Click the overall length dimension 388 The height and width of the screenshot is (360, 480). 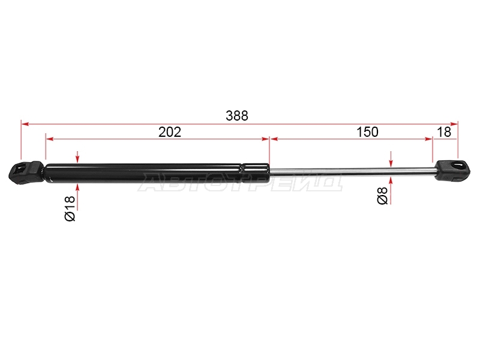237,116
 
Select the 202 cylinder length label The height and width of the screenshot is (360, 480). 170,132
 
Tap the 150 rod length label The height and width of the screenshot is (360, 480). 367,132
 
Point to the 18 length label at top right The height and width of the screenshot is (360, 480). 444,132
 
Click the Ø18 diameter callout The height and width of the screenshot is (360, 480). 70,208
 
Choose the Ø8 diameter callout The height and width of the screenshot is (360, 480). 382,196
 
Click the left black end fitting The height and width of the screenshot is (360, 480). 26,173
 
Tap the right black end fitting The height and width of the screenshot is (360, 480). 452,170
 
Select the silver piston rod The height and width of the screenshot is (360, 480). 353,172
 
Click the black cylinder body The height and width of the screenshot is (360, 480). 157,173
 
